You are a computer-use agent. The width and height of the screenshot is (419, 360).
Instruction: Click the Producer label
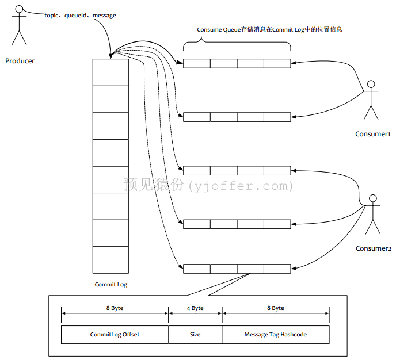click(x=20, y=61)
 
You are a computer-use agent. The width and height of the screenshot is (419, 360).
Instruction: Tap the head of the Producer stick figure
click(x=19, y=9)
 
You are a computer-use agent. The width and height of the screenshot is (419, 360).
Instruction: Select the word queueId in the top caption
click(x=75, y=16)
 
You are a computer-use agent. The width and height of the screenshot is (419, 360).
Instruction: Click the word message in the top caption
click(x=104, y=16)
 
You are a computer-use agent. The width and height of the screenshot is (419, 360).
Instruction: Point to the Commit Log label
click(x=111, y=285)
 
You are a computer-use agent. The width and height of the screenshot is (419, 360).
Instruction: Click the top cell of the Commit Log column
click(x=111, y=72)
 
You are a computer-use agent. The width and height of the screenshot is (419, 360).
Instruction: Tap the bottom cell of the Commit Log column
click(x=111, y=260)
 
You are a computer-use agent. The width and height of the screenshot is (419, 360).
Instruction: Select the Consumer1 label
click(x=372, y=134)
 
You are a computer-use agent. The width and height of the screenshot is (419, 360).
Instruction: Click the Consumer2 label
click(x=374, y=248)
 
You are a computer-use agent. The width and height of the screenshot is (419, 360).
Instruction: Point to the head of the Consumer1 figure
click(x=371, y=84)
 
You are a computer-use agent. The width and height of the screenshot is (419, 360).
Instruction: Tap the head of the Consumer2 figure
click(x=373, y=198)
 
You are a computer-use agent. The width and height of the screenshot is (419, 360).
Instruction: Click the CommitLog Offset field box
click(x=115, y=334)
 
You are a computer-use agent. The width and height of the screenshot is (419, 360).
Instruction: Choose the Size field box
click(x=195, y=334)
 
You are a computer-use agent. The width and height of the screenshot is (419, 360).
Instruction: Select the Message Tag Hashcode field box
click(x=276, y=334)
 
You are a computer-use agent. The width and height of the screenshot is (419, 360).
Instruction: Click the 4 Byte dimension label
click(x=195, y=308)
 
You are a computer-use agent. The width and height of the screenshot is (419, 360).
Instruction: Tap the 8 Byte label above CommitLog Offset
click(x=115, y=308)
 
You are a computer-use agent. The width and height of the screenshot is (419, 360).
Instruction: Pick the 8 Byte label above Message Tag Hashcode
click(x=276, y=308)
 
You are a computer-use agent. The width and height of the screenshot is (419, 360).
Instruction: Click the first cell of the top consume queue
click(x=197, y=64)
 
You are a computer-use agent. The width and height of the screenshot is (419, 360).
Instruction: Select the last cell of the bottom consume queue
click(x=277, y=269)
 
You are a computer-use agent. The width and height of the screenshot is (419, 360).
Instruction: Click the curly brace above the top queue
click(x=237, y=42)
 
